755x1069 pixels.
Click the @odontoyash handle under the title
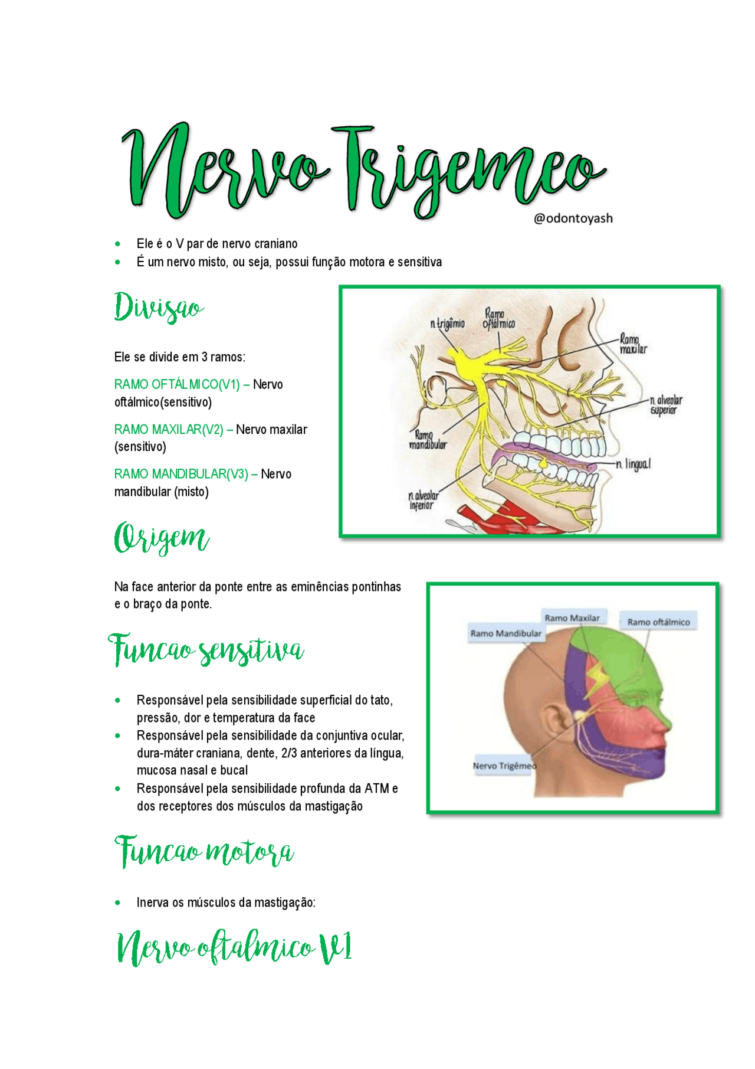pos(573,218)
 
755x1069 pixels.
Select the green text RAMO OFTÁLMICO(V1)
pos(176,385)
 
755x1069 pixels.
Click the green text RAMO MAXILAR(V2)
pos(169,430)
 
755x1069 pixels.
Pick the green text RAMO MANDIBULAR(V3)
pos(181,475)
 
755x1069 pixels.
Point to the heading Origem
pos(161,538)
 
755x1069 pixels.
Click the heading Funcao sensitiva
pos(206,650)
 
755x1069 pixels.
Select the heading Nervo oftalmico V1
pos(234,947)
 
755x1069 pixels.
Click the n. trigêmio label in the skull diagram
pos(447,323)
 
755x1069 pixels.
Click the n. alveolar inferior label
pos(423,501)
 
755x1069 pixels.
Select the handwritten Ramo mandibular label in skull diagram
pos(428,440)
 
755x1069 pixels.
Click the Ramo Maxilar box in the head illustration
pos(572,618)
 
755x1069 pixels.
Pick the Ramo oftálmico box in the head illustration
pos(658,622)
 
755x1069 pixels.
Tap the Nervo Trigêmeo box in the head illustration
pos(504,766)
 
